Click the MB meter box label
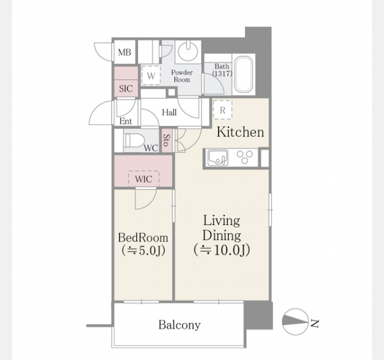click(125, 52)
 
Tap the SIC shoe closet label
click(126, 89)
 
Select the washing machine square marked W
click(151, 76)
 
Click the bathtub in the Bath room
click(244, 74)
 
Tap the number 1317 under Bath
click(222, 73)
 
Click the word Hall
click(169, 112)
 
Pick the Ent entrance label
click(125, 121)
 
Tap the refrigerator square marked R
click(223, 110)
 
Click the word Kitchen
click(241, 132)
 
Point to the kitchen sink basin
click(217, 158)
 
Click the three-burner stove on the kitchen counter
click(245, 157)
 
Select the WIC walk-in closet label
click(143, 179)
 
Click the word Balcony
click(179, 325)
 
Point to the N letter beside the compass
click(314, 323)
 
